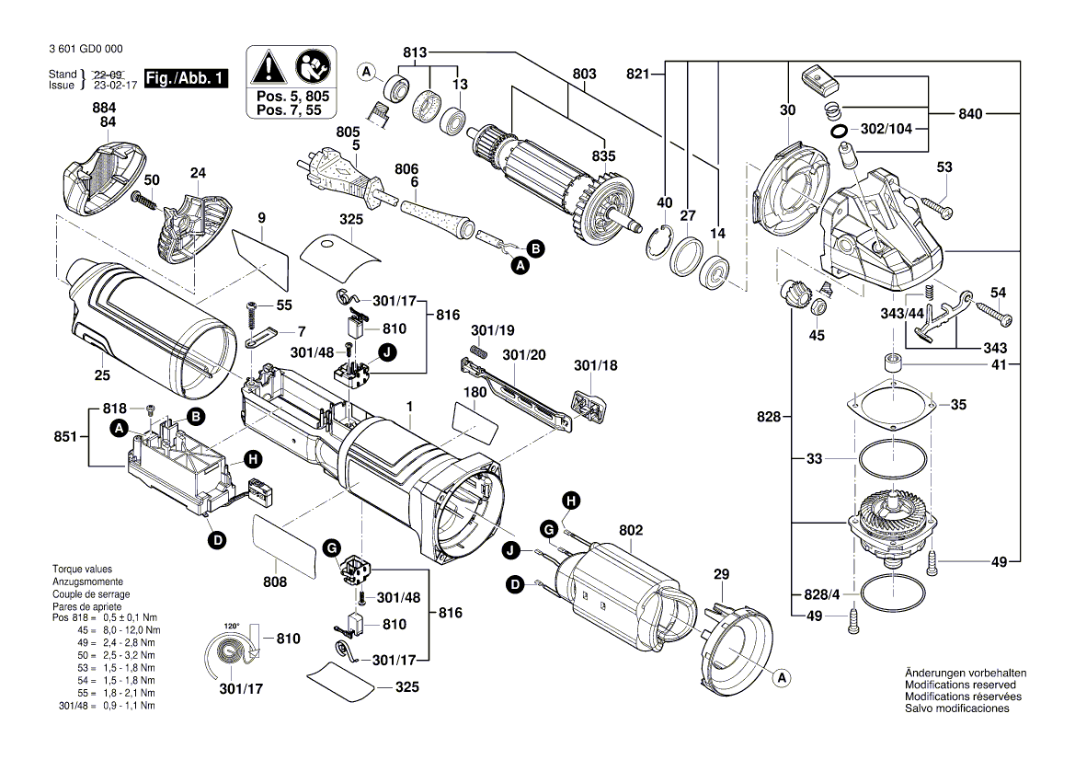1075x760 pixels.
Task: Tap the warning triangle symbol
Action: pyautogui.click(x=268, y=67)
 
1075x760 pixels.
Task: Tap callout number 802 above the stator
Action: pyautogui.click(x=631, y=531)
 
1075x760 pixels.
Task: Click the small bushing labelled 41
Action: pyautogui.click(x=891, y=363)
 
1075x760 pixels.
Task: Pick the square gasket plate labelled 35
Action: pyautogui.click(x=893, y=405)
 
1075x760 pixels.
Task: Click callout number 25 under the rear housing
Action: pyautogui.click(x=102, y=374)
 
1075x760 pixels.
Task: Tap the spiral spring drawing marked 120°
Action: pyautogui.click(x=224, y=656)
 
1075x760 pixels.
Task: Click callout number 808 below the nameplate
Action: pyautogui.click(x=275, y=582)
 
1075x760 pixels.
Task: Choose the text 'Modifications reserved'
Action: pyautogui.click(x=960, y=685)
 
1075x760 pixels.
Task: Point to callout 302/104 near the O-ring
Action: pyautogui.click(x=886, y=130)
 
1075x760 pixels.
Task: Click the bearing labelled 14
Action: pyautogui.click(x=715, y=272)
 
